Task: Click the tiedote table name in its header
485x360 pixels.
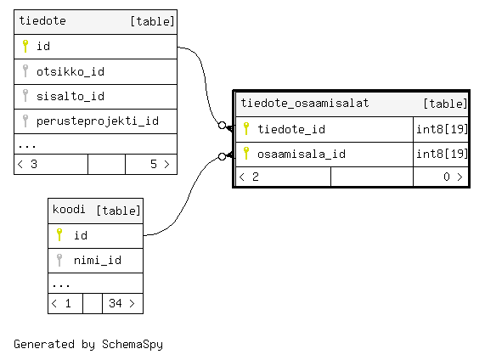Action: pos(42,20)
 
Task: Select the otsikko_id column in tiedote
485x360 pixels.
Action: pos(70,72)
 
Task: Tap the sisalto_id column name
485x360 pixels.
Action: pos(70,96)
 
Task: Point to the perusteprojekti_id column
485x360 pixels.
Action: pos(98,121)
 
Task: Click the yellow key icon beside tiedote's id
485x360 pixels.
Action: pos(25,46)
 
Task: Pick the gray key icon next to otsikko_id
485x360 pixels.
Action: pos(25,70)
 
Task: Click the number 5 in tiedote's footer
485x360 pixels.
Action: pos(154,164)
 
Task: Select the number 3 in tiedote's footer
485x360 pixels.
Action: pos(34,164)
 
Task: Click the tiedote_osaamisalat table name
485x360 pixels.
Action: pos(305,103)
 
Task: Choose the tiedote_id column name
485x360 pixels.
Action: pos(291,129)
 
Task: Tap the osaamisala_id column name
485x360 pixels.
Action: pos(302,154)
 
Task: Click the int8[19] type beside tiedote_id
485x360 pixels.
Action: pos(442,129)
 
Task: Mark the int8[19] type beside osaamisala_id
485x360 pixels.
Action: pos(442,154)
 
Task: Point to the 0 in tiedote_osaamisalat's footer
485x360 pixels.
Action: pos(447,177)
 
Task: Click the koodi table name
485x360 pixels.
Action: pos(69,210)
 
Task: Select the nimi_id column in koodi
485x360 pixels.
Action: pos(98,261)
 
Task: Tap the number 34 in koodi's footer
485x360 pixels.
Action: pos(116,303)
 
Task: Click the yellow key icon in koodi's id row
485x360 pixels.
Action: pos(59,234)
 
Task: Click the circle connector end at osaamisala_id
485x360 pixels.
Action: pos(222,157)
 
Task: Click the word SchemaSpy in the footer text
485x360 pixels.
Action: pos(133,345)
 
